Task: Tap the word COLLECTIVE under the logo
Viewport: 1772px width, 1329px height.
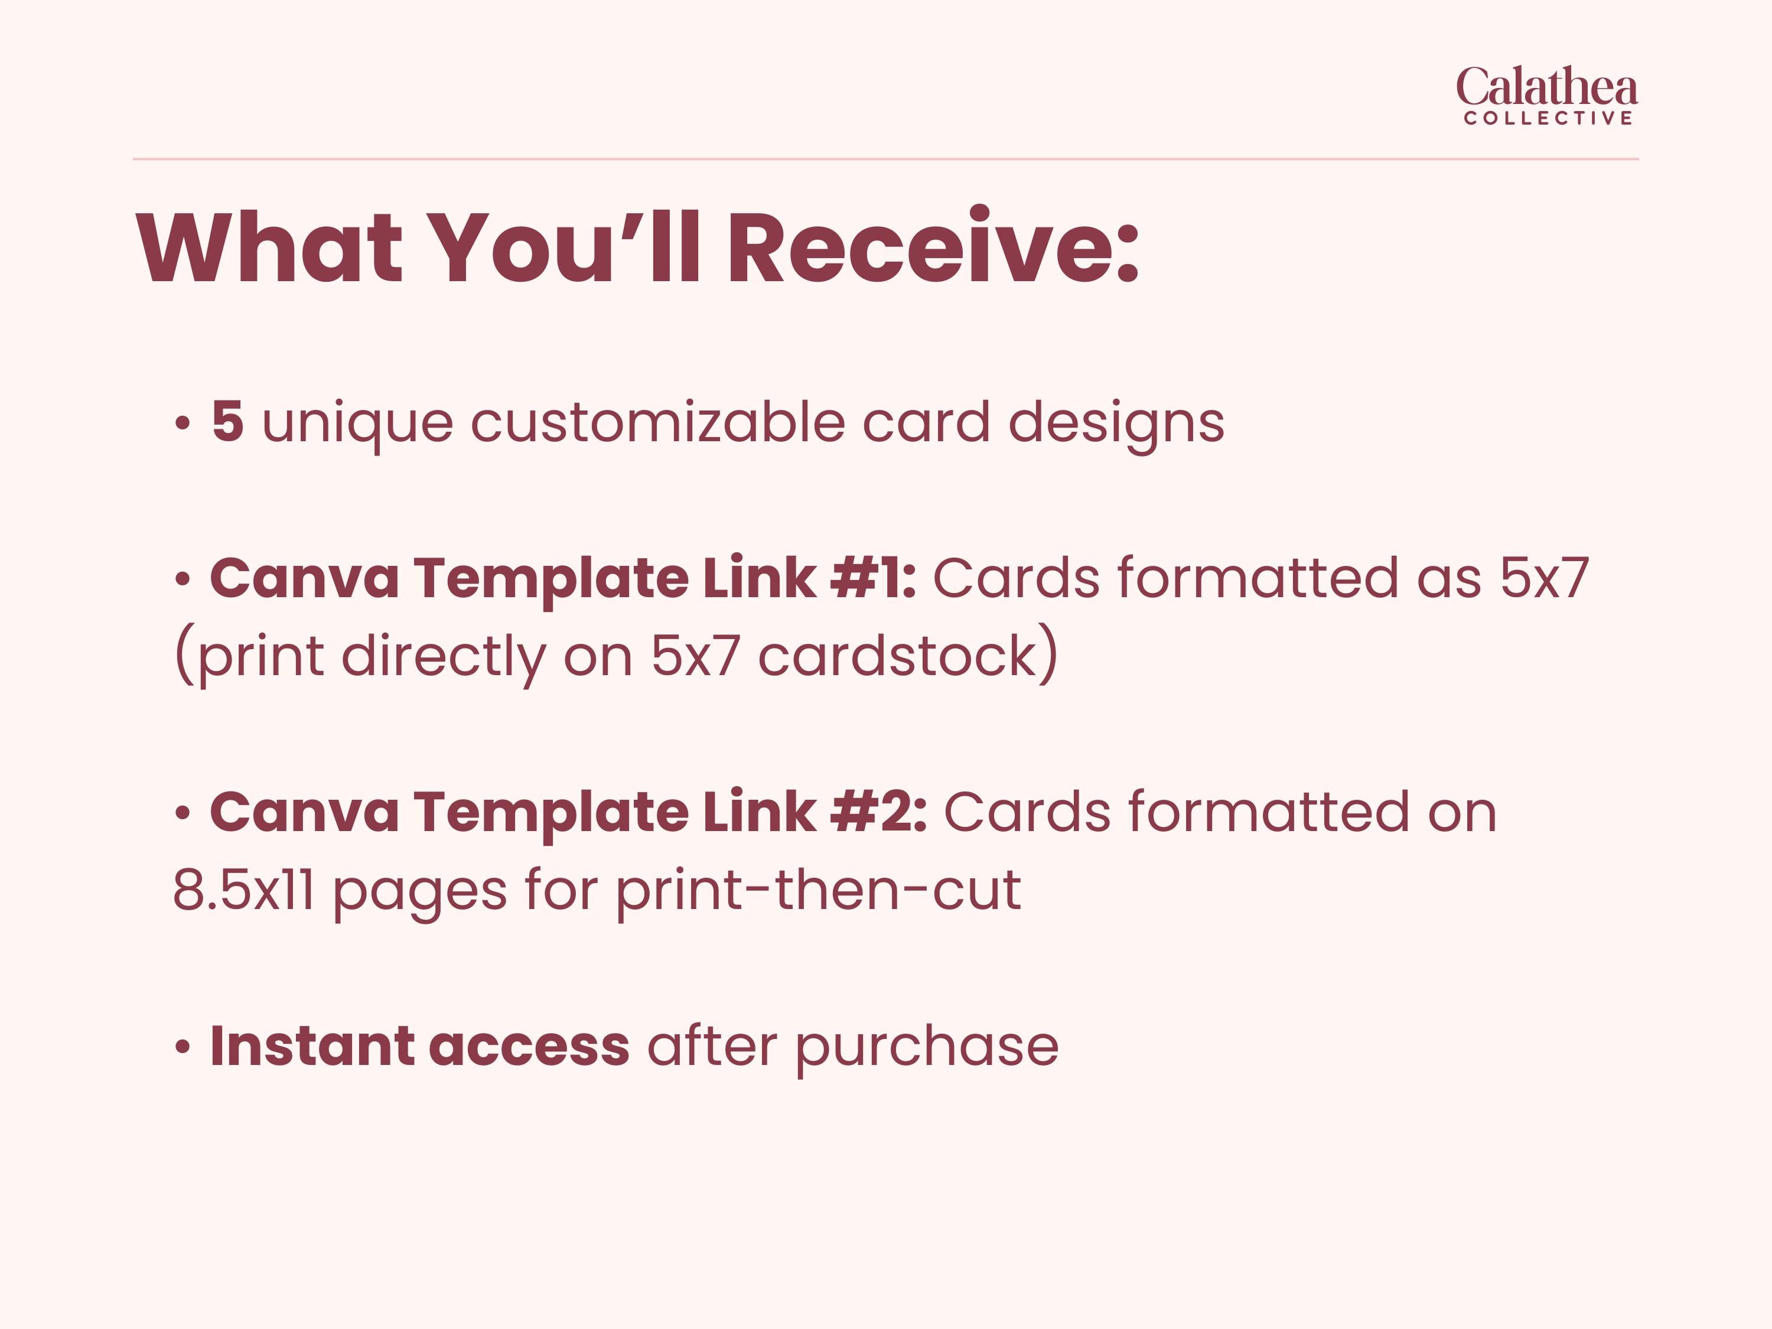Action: (1548, 119)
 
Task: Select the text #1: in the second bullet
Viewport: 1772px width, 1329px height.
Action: (873, 578)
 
